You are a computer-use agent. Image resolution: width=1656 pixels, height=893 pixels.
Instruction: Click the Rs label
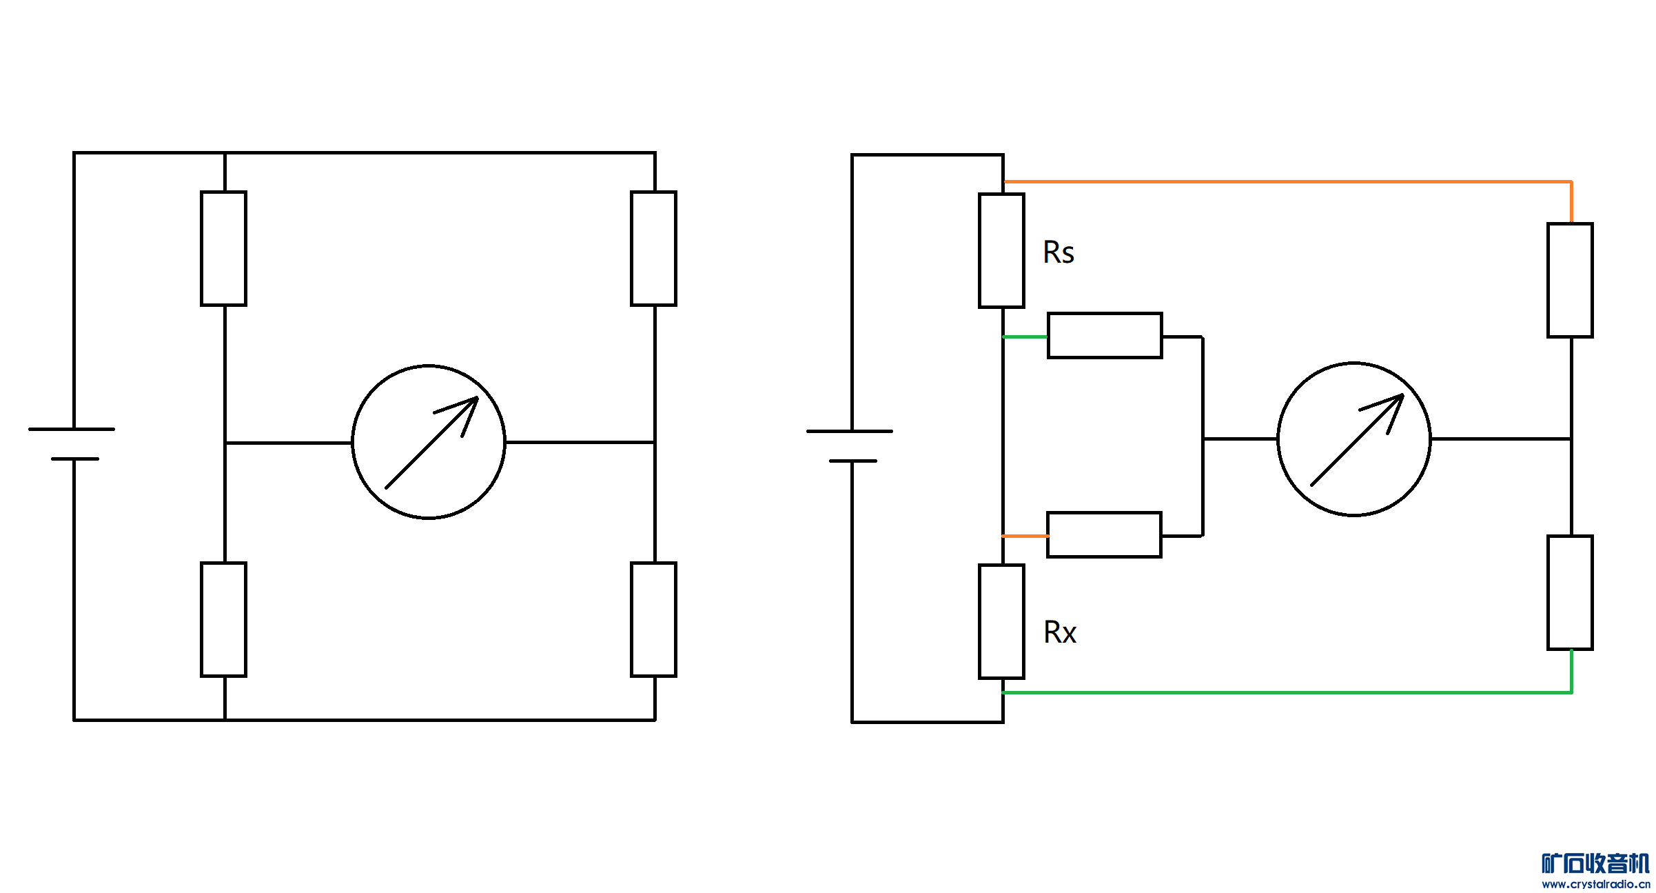point(1059,252)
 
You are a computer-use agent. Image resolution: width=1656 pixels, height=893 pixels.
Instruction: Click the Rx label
point(1060,632)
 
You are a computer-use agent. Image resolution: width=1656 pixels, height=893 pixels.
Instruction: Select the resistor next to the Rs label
point(1001,250)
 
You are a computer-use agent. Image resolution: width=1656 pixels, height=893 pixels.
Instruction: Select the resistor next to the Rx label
point(1001,621)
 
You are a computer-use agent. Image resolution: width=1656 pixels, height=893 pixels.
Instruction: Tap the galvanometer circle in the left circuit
point(429,442)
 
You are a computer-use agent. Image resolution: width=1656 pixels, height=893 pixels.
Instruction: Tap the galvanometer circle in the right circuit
point(1354,439)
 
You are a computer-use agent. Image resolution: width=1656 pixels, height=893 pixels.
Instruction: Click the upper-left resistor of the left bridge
point(223,248)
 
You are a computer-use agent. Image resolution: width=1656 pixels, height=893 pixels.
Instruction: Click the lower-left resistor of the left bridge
point(223,619)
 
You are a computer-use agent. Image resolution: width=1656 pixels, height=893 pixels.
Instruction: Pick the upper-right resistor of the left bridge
point(653,248)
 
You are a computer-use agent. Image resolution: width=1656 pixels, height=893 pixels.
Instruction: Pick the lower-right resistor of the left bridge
point(653,619)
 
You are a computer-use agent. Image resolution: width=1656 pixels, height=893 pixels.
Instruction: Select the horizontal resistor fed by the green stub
point(1105,336)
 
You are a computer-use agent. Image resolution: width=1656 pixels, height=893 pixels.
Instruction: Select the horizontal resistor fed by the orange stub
point(1104,534)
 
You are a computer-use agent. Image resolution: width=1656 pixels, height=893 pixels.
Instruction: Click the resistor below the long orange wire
point(1570,280)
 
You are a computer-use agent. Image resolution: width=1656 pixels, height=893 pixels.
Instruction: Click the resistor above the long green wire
point(1570,592)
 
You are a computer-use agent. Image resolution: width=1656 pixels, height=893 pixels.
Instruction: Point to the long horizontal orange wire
point(1287,182)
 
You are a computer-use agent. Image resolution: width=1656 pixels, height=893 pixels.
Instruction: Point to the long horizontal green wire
point(1287,692)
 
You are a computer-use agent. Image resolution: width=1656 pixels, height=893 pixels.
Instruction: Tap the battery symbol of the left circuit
point(72,444)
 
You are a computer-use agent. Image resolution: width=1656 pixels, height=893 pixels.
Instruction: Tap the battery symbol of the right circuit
point(850,446)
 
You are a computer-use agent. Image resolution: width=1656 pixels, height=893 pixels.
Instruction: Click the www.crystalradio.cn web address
point(1596,884)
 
